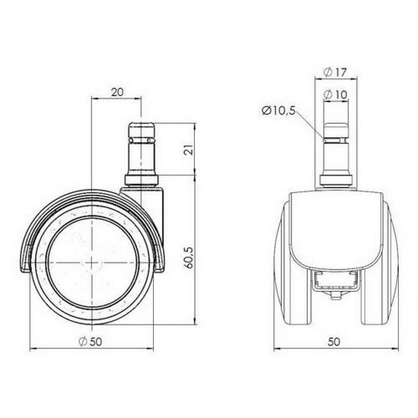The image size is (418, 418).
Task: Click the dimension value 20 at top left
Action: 117,92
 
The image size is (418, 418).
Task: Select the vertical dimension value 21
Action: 190,149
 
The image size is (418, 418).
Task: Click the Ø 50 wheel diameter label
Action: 90,342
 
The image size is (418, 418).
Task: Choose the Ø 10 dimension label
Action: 336,95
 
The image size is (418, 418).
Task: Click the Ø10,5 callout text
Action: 279,110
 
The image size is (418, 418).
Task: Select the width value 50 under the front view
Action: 334,342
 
